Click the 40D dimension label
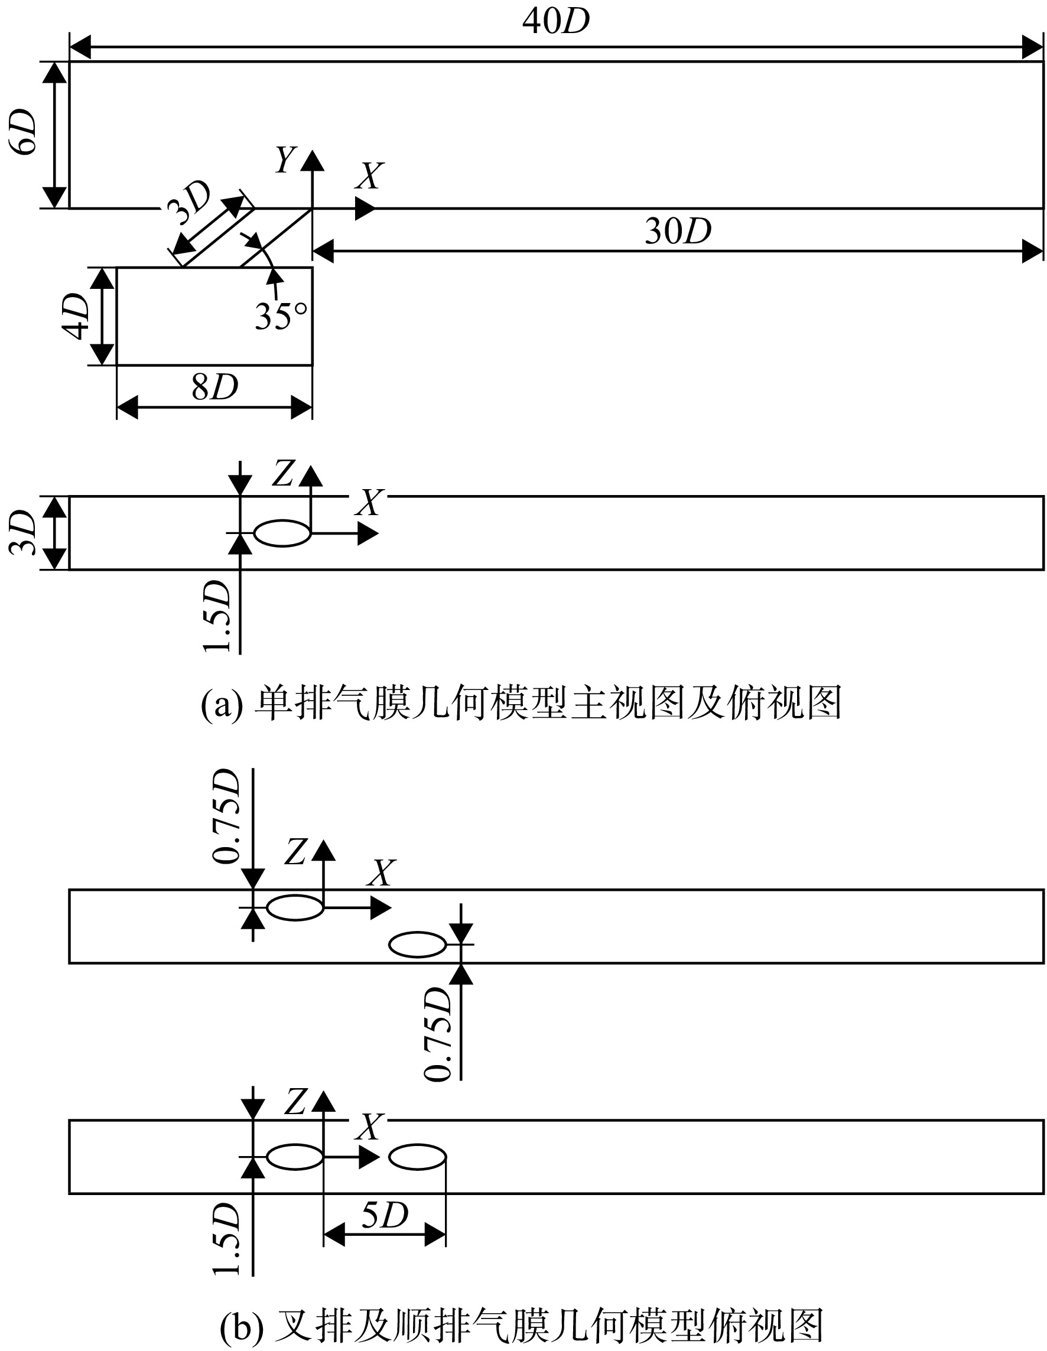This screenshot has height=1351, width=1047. (x=555, y=22)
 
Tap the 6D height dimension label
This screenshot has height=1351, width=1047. (x=22, y=132)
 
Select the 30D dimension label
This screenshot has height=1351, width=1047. (x=678, y=231)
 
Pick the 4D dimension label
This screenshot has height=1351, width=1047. (x=77, y=316)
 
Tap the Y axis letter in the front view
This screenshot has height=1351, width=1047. (x=286, y=159)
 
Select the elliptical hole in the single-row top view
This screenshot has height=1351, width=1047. (x=283, y=533)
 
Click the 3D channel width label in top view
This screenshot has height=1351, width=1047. (x=22, y=533)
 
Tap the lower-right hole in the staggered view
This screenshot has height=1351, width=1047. (x=418, y=945)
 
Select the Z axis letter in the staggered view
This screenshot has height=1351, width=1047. (x=295, y=853)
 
